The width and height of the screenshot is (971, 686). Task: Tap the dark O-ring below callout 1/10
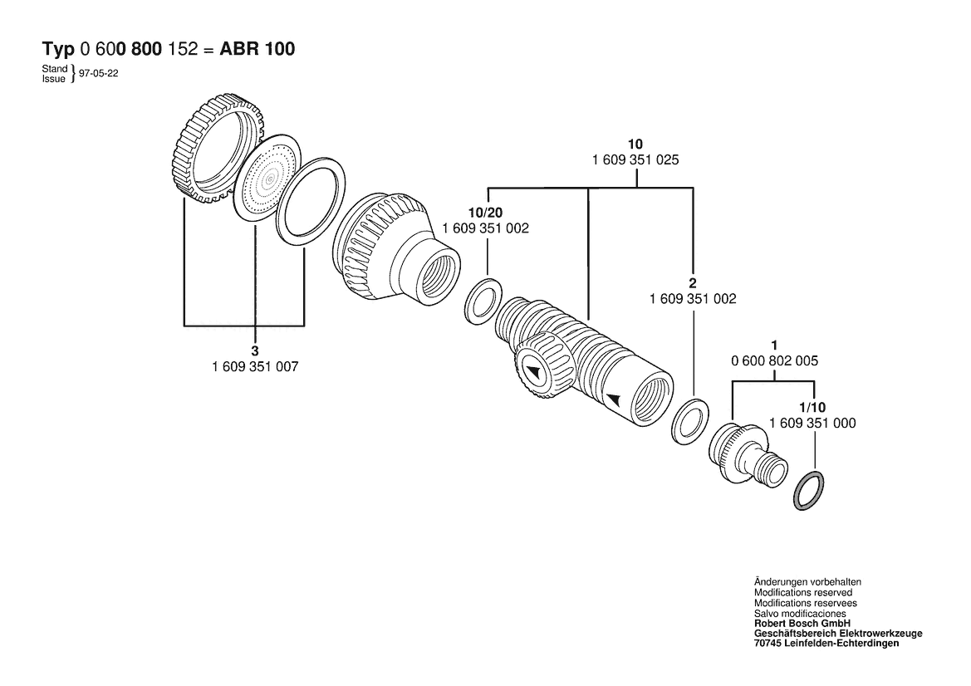(x=809, y=490)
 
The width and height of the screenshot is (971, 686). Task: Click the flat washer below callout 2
(x=690, y=422)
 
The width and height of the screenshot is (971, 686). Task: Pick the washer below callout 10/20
(x=483, y=301)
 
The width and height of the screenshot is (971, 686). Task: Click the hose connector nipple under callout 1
(x=748, y=456)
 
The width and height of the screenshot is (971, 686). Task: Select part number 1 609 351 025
(x=635, y=159)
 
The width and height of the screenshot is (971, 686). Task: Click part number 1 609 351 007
(x=255, y=366)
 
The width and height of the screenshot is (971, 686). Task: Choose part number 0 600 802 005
(x=774, y=360)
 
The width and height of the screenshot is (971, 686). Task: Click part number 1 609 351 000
(x=812, y=423)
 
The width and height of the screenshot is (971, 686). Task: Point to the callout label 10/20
(x=485, y=213)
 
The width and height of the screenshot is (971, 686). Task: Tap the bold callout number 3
(x=254, y=351)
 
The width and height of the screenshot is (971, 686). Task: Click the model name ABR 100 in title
(x=257, y=49)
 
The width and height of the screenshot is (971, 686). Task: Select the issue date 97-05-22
(x=99, y=73)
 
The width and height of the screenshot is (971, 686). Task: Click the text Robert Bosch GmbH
(x=802, y=624)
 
